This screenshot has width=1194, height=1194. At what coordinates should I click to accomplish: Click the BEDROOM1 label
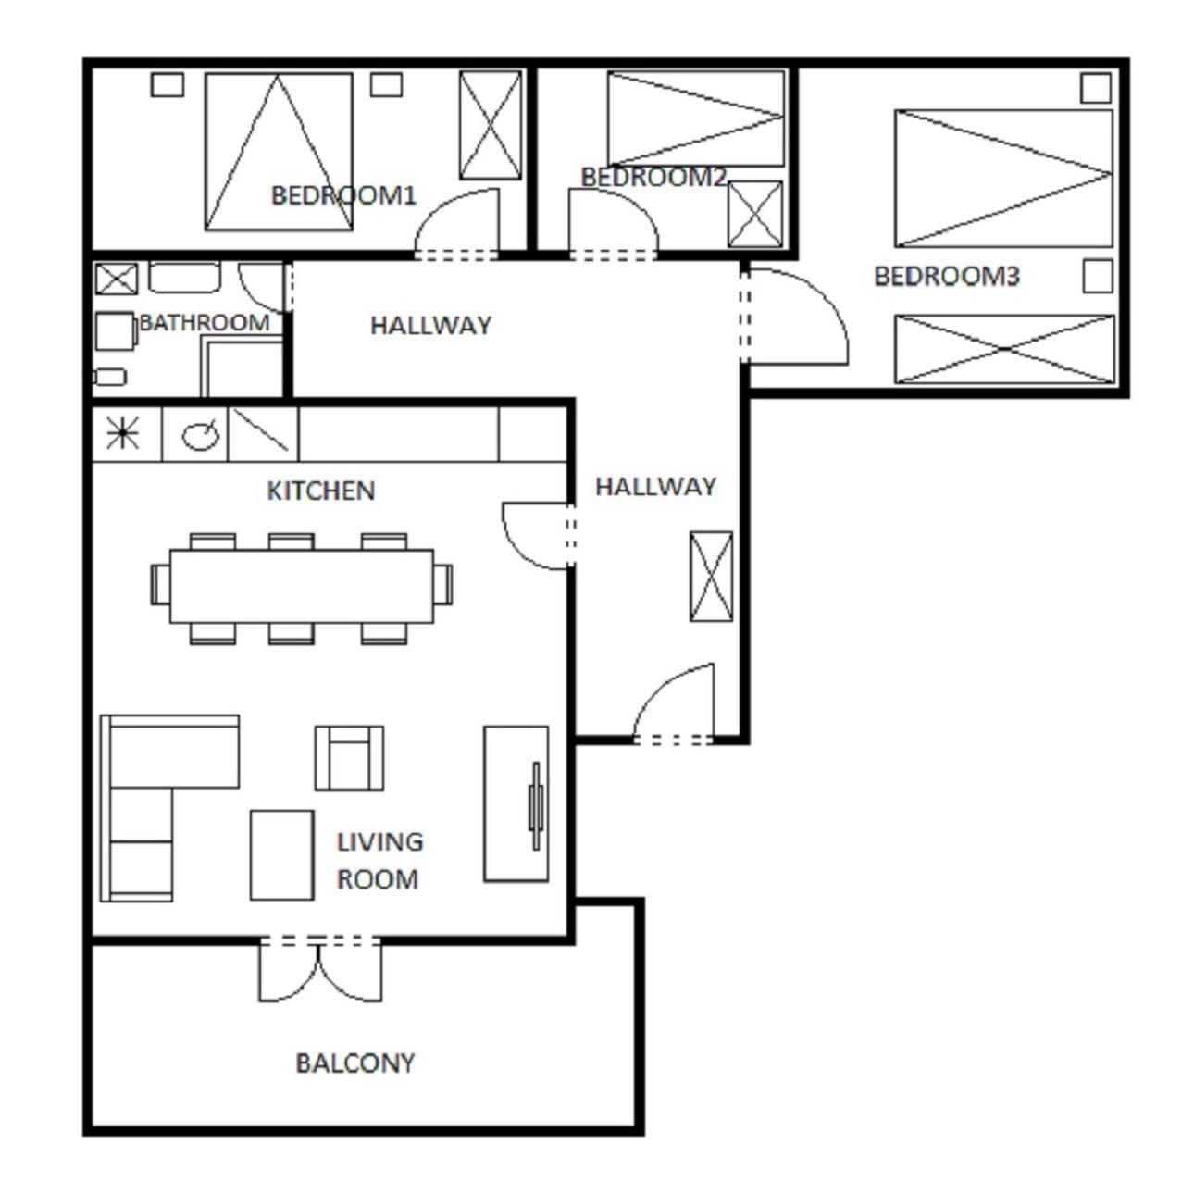[x=343, y=196]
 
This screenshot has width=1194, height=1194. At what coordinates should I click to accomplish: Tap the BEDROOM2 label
[x=653, y=177]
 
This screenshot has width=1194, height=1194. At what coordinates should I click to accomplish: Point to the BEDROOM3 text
[x=946, y=277]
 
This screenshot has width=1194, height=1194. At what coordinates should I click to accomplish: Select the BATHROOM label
[x=205, y=322]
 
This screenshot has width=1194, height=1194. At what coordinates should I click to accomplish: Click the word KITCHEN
[x=321, y=491]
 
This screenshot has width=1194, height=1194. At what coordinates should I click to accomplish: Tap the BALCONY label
[x=355, y=1063]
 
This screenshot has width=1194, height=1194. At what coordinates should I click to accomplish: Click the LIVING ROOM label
[x=379, y=860]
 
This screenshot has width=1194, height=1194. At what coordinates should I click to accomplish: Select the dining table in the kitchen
[x=302, y=586]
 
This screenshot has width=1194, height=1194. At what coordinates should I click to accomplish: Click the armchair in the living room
[x=350, y=758]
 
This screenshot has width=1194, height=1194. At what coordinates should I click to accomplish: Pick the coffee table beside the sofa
[x=282, y=855]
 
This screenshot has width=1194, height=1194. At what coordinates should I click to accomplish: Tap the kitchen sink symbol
[x=200, y=436]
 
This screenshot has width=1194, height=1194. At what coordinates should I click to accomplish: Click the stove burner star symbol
[x=123, y=432]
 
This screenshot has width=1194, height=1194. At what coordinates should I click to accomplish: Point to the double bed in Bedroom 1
[x=279, y=152]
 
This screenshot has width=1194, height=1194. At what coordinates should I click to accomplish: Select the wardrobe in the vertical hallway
[x=712, y=577]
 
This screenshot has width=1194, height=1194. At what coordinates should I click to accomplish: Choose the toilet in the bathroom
[x=116, y=331]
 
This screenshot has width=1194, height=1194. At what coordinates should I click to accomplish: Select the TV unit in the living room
[x=516, y=803]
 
